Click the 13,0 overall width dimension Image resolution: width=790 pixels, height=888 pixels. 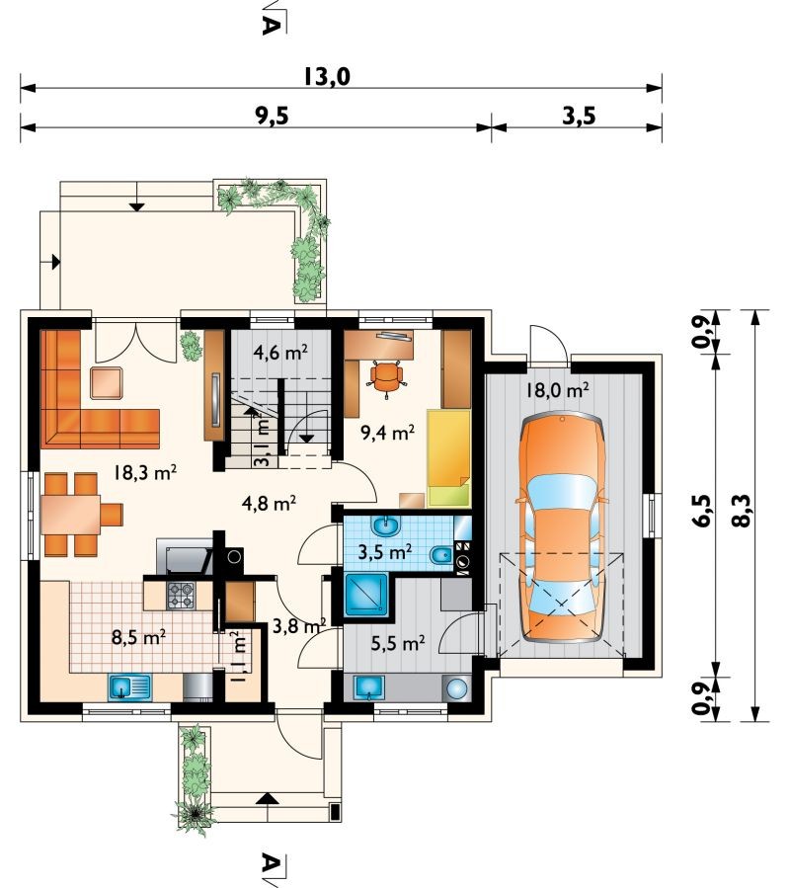(x=327, y=76)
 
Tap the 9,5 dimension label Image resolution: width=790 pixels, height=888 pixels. (x=272, y=116)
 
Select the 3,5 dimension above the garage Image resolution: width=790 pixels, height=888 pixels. (x=579, y=116)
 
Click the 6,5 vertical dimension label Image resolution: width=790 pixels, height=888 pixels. (x=701, y=511)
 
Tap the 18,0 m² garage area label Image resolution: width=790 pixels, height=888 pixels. (x=557, y=389)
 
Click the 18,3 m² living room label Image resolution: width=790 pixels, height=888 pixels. (x=145, y=472)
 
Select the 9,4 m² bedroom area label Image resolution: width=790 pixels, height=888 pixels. (x=388, y=433)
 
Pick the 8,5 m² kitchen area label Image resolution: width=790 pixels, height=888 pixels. (x=139, y=637)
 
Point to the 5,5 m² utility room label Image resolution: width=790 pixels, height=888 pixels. (x=398, y=643)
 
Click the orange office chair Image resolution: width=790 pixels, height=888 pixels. (x=387, y=378)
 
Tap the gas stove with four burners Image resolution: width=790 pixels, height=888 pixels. (x=181, y=596)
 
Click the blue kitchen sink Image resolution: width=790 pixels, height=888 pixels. (x=129, y=687)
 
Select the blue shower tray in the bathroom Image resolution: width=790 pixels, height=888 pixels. (x=367, y=595)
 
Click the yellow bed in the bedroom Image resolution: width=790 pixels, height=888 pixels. (x=449, y=458)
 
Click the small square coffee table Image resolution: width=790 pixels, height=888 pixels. (x=107, y=383)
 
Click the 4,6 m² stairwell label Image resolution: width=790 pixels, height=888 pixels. (x=280, y=353)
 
